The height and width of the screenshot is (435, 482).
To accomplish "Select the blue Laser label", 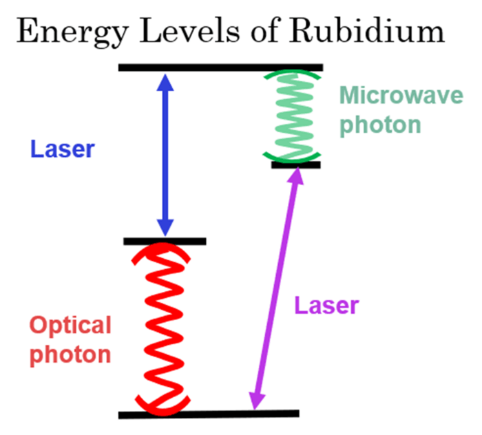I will tap(61, 149).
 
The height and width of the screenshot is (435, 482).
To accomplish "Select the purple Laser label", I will tap(326, 305).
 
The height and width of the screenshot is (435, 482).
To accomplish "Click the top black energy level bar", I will tap(220, 67).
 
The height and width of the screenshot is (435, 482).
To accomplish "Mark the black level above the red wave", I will tap(165, 241).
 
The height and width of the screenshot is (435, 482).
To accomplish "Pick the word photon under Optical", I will tap(70, 354).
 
